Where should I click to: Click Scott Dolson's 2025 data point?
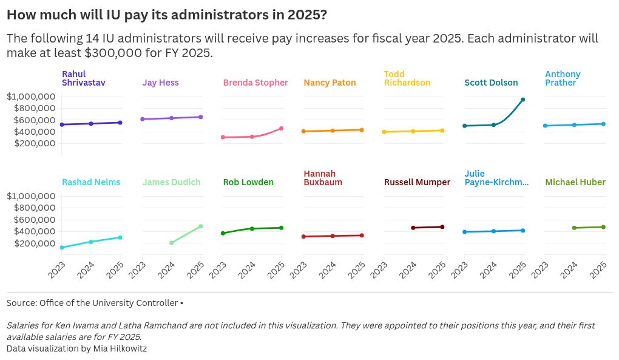coord(523,100)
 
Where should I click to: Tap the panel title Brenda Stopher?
coord(255,83)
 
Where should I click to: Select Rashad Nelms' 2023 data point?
coord(62,248)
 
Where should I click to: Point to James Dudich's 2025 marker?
coord(200,226)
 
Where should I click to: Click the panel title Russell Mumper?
coord(417,182)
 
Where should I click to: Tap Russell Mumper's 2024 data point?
coord(413,228)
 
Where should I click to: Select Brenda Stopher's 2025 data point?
coord(281,128)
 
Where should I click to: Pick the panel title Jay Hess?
coord(160,83)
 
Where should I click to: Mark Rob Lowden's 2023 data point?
coord(223,233)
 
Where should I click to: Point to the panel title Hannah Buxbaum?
coord(323,178)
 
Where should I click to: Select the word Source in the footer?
coord(21,303)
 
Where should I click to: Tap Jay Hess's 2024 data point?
coord(171,118)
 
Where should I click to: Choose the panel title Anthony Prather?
coord(563,78)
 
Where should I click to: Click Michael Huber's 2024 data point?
coord(574,228)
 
